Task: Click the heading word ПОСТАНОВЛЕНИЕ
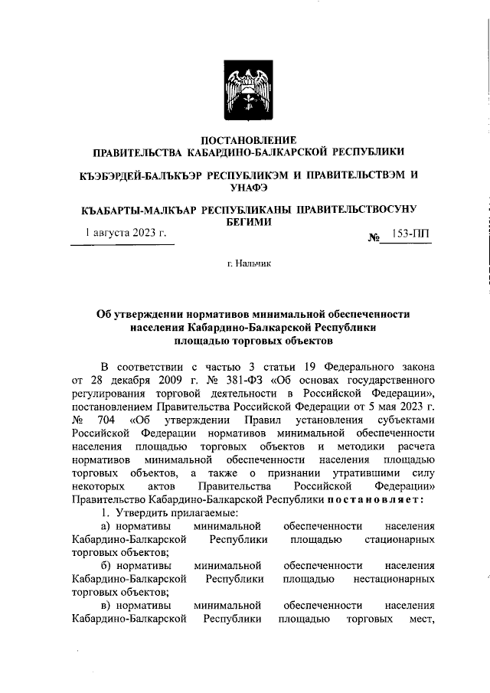coord(247,139)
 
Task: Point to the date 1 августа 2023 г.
coord(126,233)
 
